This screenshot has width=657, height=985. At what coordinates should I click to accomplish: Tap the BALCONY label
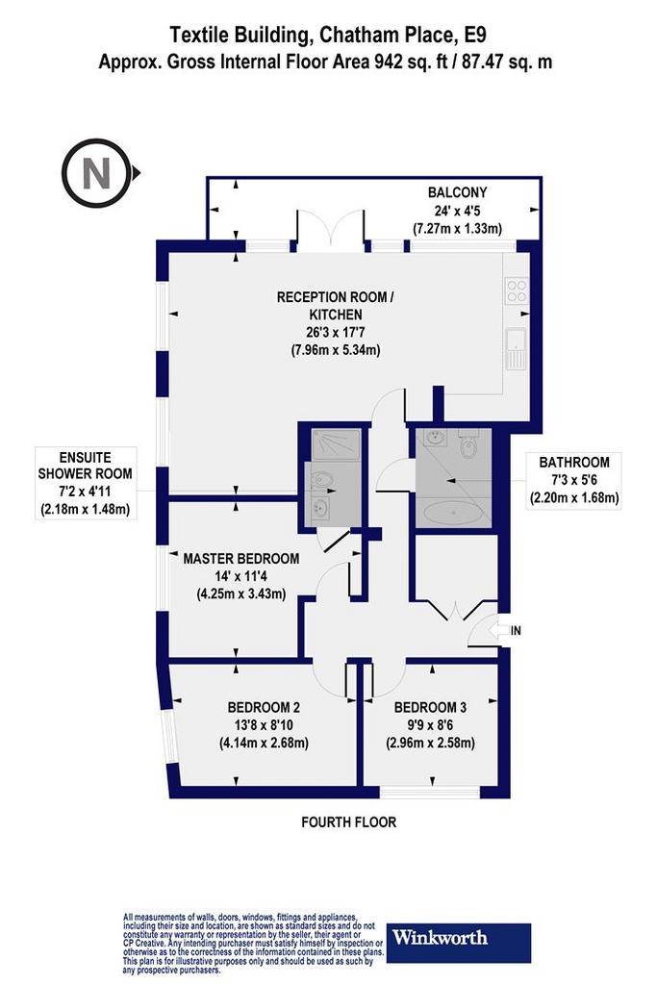(457, 192)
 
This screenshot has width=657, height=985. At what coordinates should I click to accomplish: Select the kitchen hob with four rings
(518, 290)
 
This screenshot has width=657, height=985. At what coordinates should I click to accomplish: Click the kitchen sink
(517, 348)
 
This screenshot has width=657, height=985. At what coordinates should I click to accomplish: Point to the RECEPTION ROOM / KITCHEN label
(336, 305)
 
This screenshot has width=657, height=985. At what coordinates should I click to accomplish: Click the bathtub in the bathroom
(453, 512)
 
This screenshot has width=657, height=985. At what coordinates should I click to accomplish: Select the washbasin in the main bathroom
(434, 437)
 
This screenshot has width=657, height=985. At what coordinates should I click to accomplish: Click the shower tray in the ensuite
(337, 445)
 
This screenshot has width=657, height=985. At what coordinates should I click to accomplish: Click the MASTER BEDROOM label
(241, 559)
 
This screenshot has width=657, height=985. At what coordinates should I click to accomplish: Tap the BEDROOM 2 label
(264, 707)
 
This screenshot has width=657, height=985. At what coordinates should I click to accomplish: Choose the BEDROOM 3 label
(430, 707)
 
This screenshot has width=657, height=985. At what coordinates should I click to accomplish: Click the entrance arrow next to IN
(498, 630)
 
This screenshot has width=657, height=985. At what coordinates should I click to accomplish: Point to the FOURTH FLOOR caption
(348, 821)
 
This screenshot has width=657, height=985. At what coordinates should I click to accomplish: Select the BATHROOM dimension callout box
(573, 481)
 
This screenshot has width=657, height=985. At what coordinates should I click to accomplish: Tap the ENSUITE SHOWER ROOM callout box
(86, 483)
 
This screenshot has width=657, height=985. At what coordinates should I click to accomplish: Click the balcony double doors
(330, 230)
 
